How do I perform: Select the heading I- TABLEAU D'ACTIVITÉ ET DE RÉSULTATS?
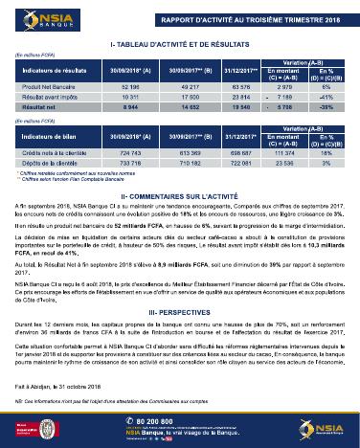pos(180,45)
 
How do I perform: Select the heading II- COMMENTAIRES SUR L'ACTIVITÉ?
pos(180,194)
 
